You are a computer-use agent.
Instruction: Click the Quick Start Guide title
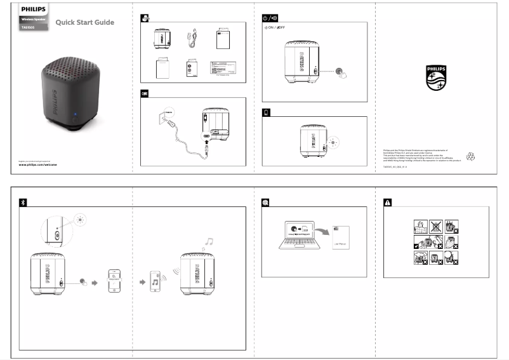(84, 23)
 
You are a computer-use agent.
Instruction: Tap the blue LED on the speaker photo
(74, 116)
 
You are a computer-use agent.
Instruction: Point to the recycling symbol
(470, 155)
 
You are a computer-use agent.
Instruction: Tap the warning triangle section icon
(388, 202)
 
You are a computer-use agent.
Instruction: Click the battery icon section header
(266, 112)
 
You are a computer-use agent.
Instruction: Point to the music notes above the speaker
(207, 241)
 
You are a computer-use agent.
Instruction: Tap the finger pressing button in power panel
(342, 73)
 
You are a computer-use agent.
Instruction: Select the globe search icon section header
(266, 202)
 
